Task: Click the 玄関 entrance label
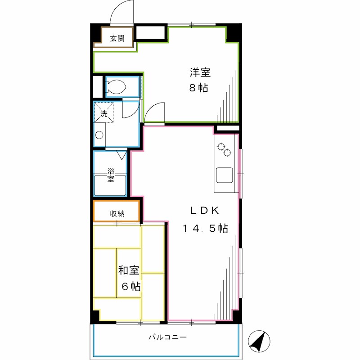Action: [117, 39]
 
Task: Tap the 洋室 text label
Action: [200, 72]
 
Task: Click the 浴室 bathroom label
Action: [111, 175]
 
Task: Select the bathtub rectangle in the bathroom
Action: [110, 185]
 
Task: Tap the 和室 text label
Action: [129, 270]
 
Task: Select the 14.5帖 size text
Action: [205, 229]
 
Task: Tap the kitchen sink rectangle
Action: [225, 175]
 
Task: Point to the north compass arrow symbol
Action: [257, 342]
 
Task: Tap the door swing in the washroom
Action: [130, 110]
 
